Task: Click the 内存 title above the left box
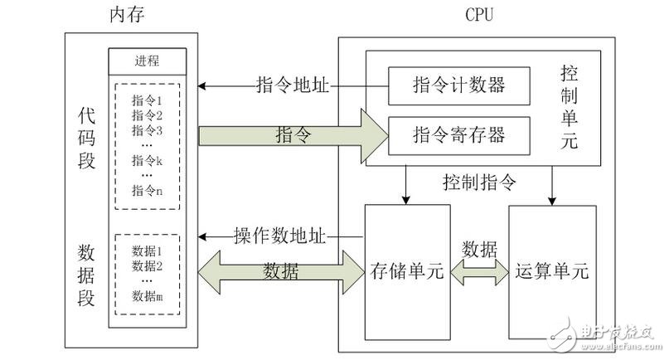coord(130,15)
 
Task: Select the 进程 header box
coord(147,61)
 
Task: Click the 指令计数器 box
coord(458,85)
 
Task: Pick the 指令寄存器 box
coord(458,133)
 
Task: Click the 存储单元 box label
coord(408,270)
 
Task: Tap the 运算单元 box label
coord(551,270)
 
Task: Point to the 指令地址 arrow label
coord(293,85)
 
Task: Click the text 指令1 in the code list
coord(147,100)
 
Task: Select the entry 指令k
coord(147,160)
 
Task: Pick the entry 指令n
coord(147,190)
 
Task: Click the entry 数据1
coord(147,251)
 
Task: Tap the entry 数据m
coord(147,296)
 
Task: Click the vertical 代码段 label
coord(86,139)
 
